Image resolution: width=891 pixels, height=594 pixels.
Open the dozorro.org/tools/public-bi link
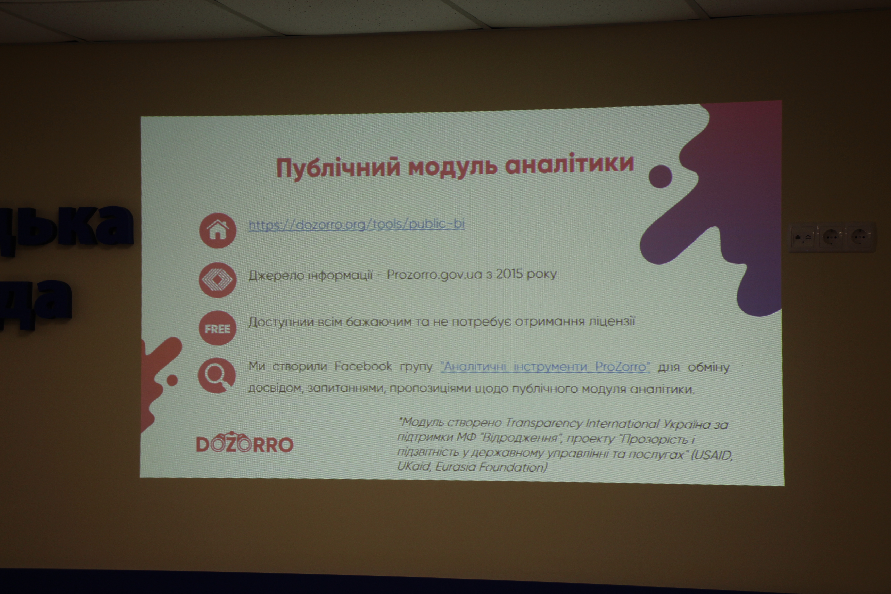(x=357, y=224)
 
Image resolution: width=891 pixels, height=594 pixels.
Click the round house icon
(x=218, y=230)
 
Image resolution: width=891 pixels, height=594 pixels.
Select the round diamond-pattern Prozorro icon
(x=217, y=280)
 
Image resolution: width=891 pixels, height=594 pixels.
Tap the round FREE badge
(x=217, y=328)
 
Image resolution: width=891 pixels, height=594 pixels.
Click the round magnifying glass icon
(x=217, y=375)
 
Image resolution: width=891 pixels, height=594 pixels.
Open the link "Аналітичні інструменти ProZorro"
(x=545, y=367)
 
